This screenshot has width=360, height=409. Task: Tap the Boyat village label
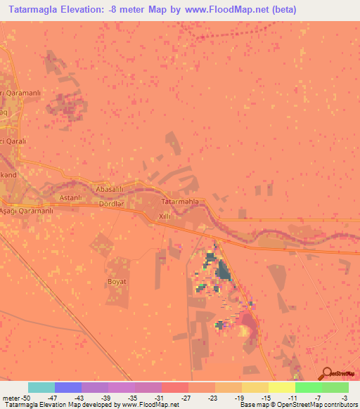[116, 282]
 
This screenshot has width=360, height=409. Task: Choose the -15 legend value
[255, 396]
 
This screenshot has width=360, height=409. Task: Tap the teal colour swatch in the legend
[41, 387]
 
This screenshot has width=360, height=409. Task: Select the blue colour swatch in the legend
[68, 387]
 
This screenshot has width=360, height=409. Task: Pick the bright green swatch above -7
[308, 387]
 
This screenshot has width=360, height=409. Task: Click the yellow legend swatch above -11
[281, 387]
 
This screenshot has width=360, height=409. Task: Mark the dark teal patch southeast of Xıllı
[223, 271]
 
